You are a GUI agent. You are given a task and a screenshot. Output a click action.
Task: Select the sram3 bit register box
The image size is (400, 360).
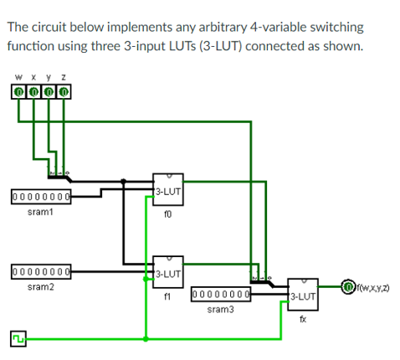click(222, 295)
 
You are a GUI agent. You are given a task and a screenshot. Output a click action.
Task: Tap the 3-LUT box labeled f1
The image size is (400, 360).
click(167, 272)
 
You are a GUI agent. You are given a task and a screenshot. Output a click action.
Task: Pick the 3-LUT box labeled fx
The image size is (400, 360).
click(302, 295)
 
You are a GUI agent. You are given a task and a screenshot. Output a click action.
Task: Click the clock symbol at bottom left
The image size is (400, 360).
click(18, 339)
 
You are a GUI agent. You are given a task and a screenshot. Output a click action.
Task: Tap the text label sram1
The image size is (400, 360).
click(40, 213)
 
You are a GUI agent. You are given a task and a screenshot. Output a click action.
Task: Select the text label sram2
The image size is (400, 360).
click(40, 287)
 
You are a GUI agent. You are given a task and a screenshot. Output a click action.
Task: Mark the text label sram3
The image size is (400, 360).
click(221, 310)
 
